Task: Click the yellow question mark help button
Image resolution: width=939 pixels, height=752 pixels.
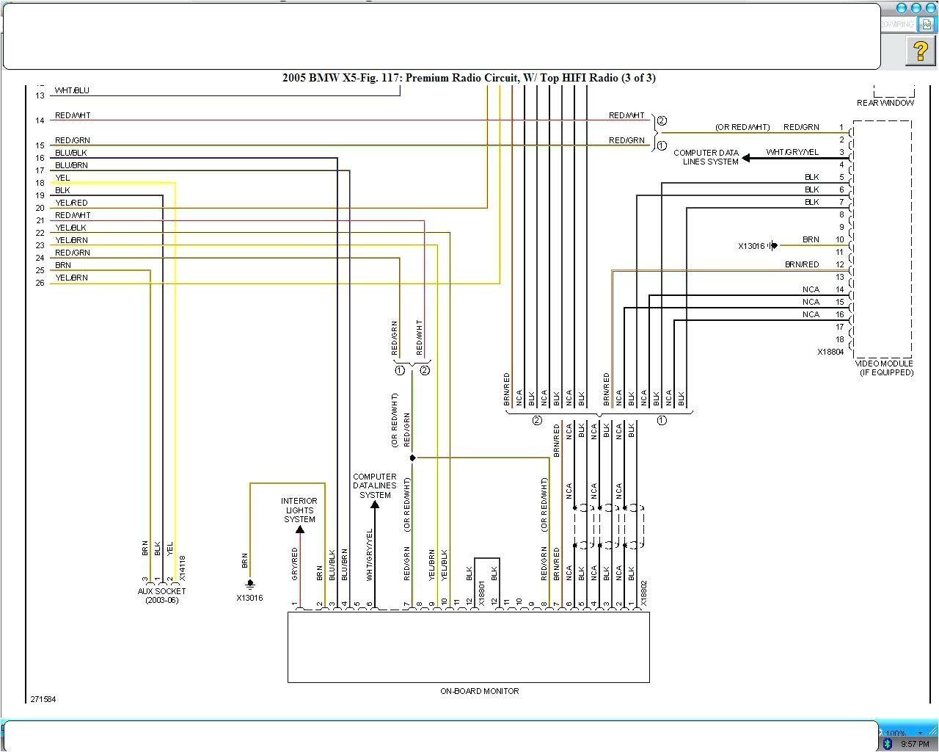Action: (x=920, y=51)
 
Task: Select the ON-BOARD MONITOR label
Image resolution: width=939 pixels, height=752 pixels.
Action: (x=479, y=691)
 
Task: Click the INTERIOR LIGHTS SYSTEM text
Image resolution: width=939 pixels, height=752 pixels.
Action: (x=299, y=510)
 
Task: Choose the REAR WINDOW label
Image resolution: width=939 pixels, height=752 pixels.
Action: (x=885, y=103)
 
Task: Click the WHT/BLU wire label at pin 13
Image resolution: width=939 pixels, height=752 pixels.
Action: (x=72, y=90)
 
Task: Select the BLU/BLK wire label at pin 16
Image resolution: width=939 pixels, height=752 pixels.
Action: (x=70, y=153)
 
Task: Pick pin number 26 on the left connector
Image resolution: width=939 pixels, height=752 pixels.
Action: (x=40, y=283)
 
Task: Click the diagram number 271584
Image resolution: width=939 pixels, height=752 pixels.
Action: (x=43, y=699)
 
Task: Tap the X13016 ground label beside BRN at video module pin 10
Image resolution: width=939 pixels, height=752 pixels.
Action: (x=751, y=246)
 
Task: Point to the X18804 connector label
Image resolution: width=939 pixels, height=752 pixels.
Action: (x=830, y=352)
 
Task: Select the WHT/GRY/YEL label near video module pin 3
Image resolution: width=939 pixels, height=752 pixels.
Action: (x=792, y=152)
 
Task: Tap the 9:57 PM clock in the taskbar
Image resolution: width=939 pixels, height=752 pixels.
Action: (x=915, y=744)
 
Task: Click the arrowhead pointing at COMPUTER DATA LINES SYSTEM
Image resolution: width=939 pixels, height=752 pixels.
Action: (x=747, y=158)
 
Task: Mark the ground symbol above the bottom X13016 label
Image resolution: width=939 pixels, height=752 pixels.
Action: (x=250, y=584)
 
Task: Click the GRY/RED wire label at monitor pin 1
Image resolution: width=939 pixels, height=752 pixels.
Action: (x=295, y=564)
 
